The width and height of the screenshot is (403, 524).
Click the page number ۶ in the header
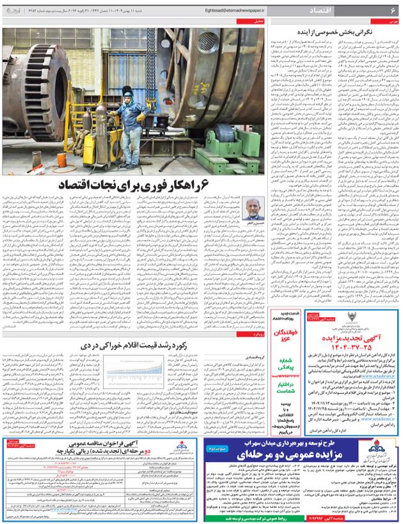391,10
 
